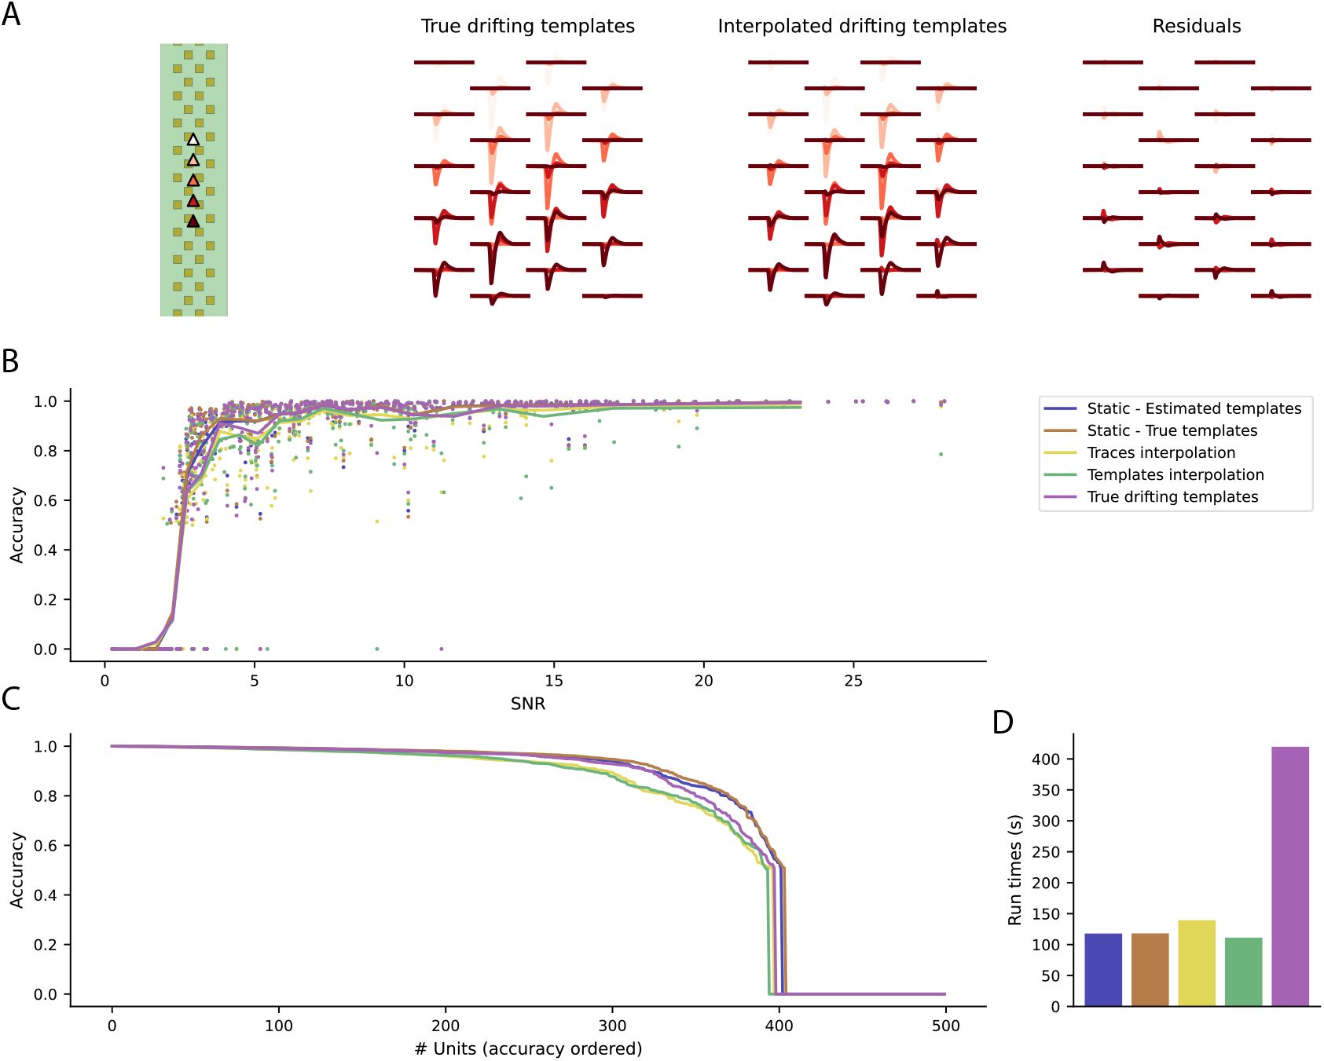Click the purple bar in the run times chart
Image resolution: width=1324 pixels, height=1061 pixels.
(1289, 876)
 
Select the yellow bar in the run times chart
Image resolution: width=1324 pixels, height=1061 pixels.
(1196, 963)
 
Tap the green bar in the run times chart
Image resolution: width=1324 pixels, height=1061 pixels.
(1243, 971)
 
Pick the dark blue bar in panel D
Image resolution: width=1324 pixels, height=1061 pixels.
(1102, 969)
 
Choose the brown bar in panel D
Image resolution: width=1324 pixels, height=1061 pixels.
(1150, 969)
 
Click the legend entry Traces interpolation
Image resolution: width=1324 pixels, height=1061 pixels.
(1161, 452)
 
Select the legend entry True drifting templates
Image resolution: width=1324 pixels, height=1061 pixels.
(1172, 496)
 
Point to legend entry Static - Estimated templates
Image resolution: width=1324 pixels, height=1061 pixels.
(1194, 408)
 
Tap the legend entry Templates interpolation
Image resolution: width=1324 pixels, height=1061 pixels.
(1175, 474)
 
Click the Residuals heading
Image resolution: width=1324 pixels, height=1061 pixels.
(1196, 26)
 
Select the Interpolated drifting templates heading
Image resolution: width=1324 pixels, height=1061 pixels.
(862, 26)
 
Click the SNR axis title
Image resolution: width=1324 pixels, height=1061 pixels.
(528, 704)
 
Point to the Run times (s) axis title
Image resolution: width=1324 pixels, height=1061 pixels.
(1014, 869)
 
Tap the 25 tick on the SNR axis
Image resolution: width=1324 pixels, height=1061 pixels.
(853, 681)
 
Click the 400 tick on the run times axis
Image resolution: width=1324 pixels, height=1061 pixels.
(1046, 759)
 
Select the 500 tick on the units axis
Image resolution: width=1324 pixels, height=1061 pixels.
(946, 1026)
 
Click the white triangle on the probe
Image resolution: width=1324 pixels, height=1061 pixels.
(193, 140)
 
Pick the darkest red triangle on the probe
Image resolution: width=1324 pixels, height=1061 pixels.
(193, 221)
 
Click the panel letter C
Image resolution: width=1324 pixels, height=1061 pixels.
(11, 698)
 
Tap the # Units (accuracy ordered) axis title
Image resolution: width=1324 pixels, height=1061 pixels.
(528, 1048)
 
